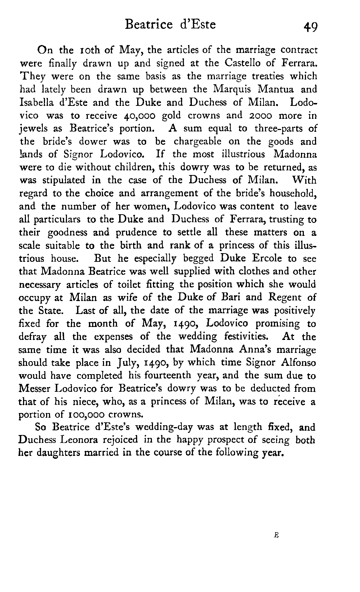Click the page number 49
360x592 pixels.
tap(310, 26)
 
